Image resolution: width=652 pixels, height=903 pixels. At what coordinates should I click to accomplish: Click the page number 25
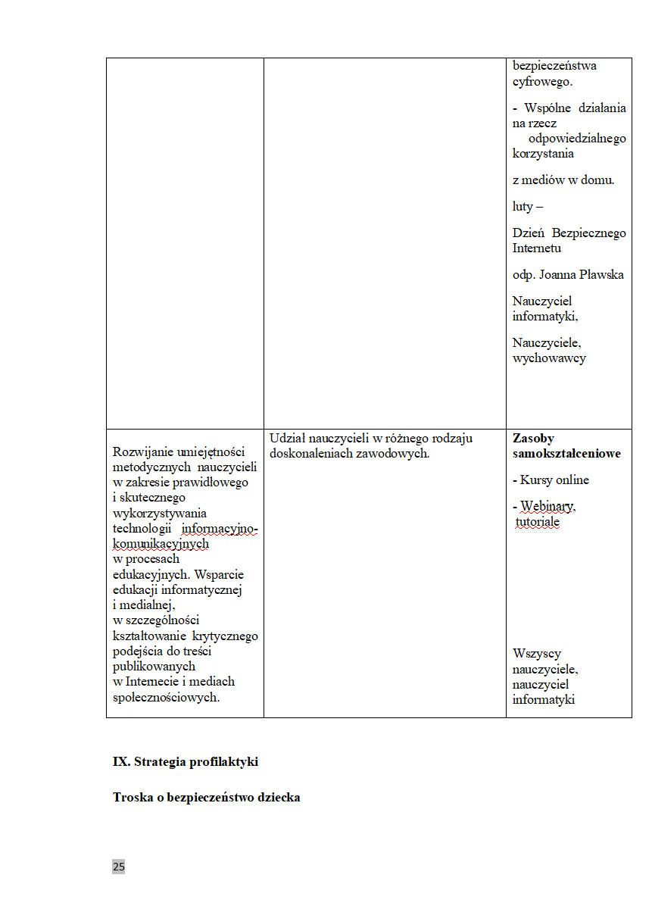point(118,867)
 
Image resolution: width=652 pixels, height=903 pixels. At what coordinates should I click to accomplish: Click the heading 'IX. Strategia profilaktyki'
point(186,762)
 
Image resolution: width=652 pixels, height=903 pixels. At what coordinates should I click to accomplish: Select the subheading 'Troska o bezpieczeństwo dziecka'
point(206,798)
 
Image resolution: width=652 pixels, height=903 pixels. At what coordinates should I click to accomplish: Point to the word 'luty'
point(523,206)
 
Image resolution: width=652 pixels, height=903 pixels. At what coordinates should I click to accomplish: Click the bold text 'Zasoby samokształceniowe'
point(566,446)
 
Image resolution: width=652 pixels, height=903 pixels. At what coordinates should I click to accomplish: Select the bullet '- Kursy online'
point(551,480)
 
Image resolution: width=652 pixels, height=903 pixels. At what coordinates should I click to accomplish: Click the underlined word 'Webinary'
point(547,506)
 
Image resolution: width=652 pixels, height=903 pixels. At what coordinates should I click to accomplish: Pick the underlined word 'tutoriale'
point(538,522)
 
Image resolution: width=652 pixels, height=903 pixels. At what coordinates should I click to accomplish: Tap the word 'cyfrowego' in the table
point(542,82)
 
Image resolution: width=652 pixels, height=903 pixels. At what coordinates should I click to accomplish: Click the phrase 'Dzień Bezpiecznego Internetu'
point(569,240)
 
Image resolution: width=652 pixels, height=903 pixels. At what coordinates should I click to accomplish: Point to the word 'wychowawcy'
point(549,358)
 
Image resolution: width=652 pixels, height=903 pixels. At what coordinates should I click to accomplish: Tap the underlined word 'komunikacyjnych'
point(160,543)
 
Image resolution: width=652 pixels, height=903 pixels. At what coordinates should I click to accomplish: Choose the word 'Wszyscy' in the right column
point(536,654)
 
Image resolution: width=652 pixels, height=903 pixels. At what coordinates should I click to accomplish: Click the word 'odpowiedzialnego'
point(577,139)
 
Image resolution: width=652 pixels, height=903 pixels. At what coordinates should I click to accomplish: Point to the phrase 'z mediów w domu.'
point(563,180)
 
